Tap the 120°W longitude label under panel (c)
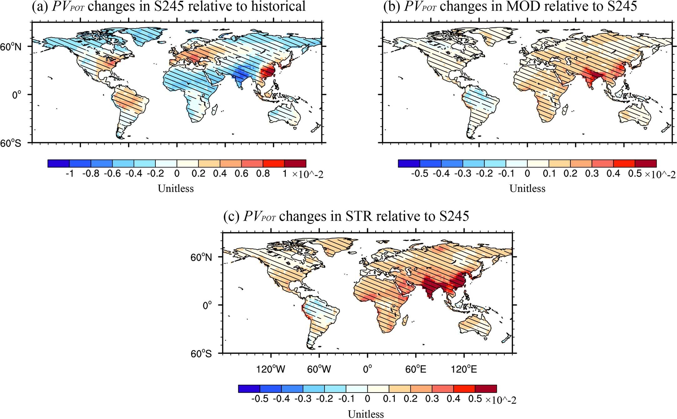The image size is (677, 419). click(270, 369)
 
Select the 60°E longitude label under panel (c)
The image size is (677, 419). click(416, 369)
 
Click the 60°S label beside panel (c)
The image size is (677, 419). click(201, 354)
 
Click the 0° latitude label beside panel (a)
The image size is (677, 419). click(17, 95)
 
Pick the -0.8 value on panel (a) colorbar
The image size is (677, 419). click(91, 174)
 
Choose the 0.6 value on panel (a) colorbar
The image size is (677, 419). click(241, 174)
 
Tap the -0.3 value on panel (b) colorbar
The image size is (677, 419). click(462, 174)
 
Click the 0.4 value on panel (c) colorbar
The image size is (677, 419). click(453, 399)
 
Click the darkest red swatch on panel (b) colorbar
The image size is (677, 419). click(645, 164)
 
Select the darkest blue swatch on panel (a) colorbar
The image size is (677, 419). click(58, 164)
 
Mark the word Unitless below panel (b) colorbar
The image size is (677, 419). click(527, 189)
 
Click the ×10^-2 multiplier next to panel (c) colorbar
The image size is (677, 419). click(500, 400)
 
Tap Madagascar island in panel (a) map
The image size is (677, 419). click(215, 110)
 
